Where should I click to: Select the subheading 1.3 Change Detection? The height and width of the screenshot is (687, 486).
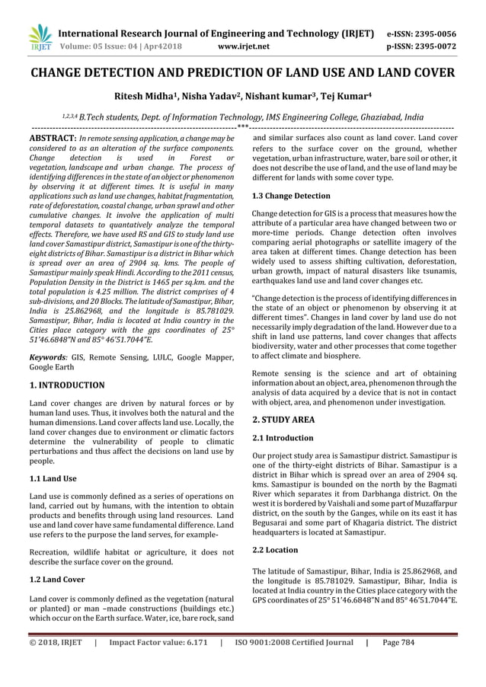pos(291,196)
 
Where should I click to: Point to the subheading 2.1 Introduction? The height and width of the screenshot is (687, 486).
pos(283,438)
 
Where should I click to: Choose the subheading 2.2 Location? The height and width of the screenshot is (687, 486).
pos(275,549)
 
